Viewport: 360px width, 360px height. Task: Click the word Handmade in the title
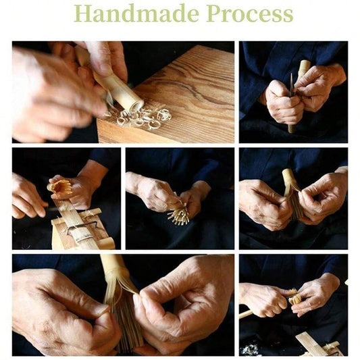pyautogui.click(x=136, y=14)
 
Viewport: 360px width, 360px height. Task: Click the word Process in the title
pyautogui.click(x=250, y=14)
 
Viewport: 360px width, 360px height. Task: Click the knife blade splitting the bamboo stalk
pyautogui.click(x=291, y=84)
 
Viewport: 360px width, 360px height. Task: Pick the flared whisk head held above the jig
pyautogui.click(x=60, y=186)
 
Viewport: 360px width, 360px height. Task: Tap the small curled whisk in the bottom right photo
pyautogui.click(x=294, y=297)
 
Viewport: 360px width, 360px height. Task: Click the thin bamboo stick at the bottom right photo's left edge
pyautogui.click(x=245, y=314)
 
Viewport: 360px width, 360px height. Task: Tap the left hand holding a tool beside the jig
pyautogui.click(x=28, y=198)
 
